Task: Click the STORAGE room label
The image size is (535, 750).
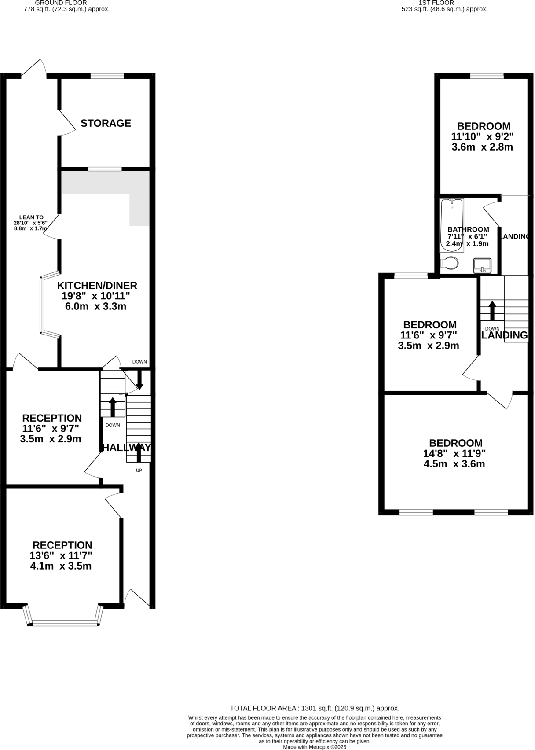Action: coord(106,123)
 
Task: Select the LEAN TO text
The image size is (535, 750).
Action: coord(31,217)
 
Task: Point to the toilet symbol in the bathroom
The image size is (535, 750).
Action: coord(450,263)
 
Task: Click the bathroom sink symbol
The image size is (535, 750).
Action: coord(482,265)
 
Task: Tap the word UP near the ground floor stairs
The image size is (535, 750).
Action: coord(139,470)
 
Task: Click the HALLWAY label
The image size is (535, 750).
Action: coord(127,448)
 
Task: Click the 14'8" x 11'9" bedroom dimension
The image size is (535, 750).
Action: coord(454,453)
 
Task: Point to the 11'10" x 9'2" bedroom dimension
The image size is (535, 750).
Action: coord(483,136)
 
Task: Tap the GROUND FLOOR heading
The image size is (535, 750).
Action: coord(67,3)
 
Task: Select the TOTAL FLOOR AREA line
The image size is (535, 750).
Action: coord(315,708)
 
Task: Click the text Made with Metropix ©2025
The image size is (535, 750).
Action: coord(315,747)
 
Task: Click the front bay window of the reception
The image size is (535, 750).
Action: coord(64,622)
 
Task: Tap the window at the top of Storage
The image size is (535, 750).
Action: coord(107,76)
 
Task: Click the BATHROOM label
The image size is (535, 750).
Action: coord(468,229)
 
